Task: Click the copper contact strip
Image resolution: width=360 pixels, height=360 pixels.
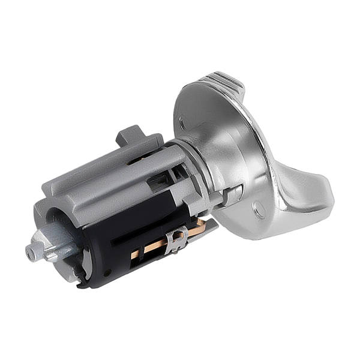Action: pos(153,245)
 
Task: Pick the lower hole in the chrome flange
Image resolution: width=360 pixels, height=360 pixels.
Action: pos(259,209)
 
